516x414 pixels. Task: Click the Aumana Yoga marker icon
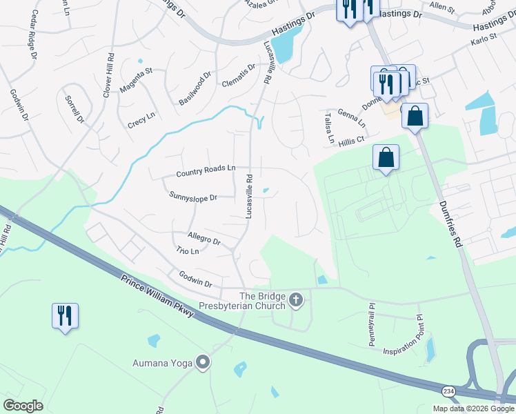(203, 362)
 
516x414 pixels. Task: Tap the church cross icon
(297, 299)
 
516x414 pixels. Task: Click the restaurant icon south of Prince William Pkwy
(66, 315)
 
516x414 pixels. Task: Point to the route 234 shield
(448, 390)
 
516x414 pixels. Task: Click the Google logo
(23, 406)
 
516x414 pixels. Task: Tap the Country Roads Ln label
(206, 170)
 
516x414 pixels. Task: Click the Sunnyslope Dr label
(193, 196)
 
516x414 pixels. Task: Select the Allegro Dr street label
(203, 241)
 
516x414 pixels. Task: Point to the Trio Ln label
(187, 251)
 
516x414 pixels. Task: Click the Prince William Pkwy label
(157, 297)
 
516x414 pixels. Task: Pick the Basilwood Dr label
(195, 88)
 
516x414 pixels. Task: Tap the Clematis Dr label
(238, 76)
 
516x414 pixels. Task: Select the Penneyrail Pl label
(370, 314)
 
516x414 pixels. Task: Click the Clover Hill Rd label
(108, 76)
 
